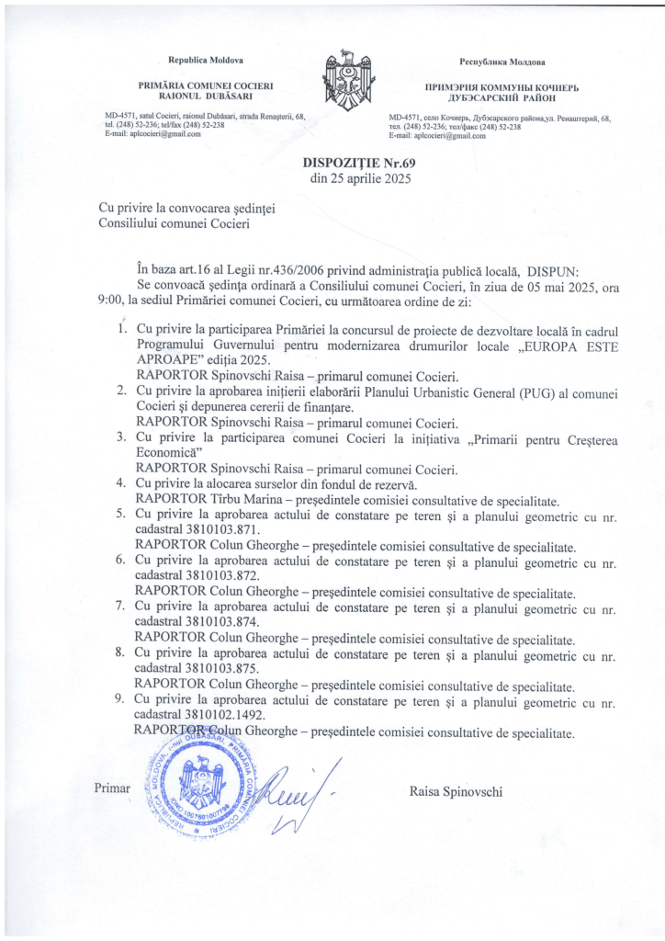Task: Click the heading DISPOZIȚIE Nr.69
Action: tap(353, 164)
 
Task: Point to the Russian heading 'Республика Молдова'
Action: tap(502, 62)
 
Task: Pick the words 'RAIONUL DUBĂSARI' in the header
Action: tap(205, 95)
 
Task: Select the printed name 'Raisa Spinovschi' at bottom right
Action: tap(456, 791)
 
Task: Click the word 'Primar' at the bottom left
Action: tap(113, 788)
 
